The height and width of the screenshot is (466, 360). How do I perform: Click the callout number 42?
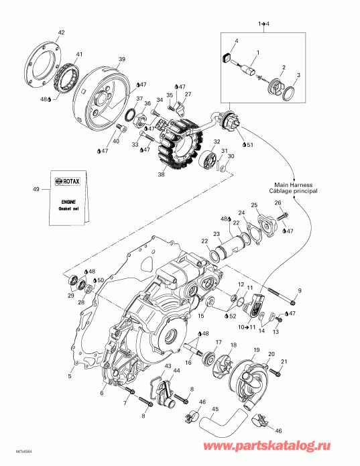62,32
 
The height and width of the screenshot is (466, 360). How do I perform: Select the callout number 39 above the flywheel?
122,59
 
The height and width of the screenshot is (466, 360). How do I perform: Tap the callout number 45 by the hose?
215,408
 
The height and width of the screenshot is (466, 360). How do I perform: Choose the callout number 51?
249,144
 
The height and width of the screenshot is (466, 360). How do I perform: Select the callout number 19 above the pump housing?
255,350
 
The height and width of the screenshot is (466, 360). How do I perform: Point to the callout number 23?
217,233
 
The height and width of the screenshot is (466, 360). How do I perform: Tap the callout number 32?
217,142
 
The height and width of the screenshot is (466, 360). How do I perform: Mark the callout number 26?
278,203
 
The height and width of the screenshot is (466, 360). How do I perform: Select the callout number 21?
284,363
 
